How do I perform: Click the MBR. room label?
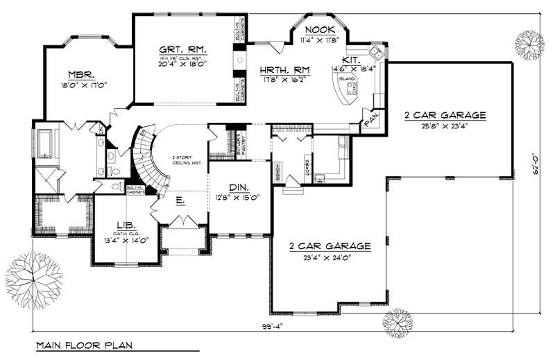[81, 75]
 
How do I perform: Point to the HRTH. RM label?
[284, 69]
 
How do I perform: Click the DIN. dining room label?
[237, 187]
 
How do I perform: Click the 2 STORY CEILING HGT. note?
[186, 160]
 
